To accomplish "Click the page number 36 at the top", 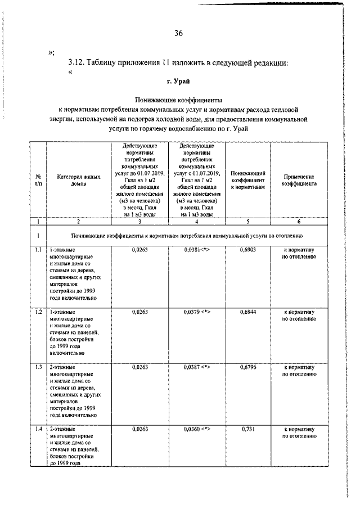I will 178,33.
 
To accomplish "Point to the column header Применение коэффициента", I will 299,180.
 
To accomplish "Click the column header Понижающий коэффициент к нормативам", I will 247,180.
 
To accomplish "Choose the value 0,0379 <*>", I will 197,311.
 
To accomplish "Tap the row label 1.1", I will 38,249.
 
